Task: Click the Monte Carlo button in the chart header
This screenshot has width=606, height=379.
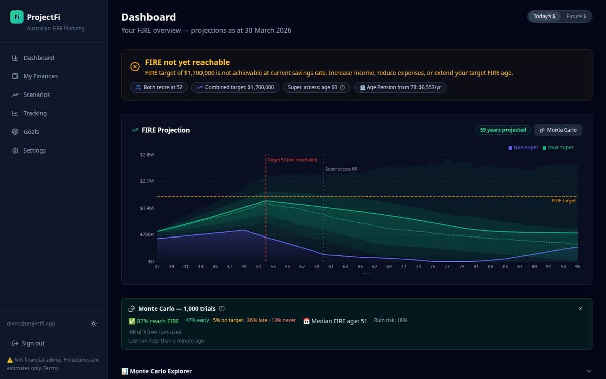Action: coord(558,130)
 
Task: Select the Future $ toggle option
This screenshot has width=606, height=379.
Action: coord(576,17)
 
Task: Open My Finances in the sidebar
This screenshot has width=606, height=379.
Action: coord(40,76)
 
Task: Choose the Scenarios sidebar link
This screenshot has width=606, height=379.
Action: coord(36,95)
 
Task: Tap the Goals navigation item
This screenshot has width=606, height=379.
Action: coord(31,132)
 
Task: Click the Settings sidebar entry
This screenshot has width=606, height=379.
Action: coord(34,151)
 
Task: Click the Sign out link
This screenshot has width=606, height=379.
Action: coord(33,343)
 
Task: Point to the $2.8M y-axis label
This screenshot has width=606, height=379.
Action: coord(147,155)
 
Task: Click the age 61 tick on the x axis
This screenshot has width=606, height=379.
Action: coord(331,266)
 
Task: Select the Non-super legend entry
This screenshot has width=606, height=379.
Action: coord(523,148)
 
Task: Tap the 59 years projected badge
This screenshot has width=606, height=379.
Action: coord(502,130)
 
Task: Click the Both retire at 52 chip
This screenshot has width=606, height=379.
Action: coord(159,87)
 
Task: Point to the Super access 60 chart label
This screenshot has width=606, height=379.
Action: coord(341,169)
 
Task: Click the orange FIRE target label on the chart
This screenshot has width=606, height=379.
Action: coord(564,201)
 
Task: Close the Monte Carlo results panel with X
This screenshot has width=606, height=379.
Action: coord(580,309)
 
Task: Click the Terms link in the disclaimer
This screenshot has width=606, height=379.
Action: coord(50,368)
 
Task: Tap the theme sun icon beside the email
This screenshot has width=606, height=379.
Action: coord(94,324)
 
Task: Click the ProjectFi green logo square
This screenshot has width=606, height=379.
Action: coord(17,17)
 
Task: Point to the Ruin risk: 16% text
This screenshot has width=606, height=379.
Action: coord(390,320)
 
